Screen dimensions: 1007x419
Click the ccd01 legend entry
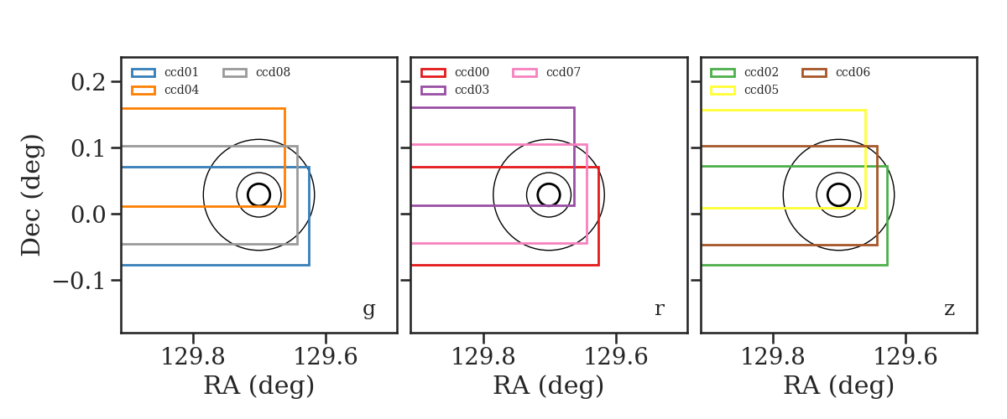tap(164, 72)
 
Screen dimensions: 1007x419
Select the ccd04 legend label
tap(181, 90)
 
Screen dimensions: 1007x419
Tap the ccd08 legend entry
tap(256, 72)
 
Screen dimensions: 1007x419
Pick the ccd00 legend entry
tap(455, 72)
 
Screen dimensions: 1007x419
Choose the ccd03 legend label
tap(472, 90)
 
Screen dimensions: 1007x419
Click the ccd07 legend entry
tap(546, 72)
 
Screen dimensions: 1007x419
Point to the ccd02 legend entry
tap(744, 72)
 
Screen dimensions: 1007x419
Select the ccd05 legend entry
tap(744, 90)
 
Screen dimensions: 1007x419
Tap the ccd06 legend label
tap(853, 72)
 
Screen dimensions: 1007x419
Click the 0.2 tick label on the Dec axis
tap(88, 82)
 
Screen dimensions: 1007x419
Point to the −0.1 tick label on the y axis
tap(79, 281)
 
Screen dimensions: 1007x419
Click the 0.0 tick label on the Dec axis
tap(88, 215)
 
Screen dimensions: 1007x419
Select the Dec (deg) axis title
tap(31, 195)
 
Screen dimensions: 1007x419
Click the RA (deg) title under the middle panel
tap(549, 385)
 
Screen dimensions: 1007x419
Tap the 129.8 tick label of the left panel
tap(193, 357)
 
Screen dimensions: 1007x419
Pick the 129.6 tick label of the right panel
tap(905, 357)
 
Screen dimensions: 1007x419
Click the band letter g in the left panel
tap(369, 309)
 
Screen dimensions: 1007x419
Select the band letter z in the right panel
tap(949, 309)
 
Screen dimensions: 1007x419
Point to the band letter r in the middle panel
tap(659, 309)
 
